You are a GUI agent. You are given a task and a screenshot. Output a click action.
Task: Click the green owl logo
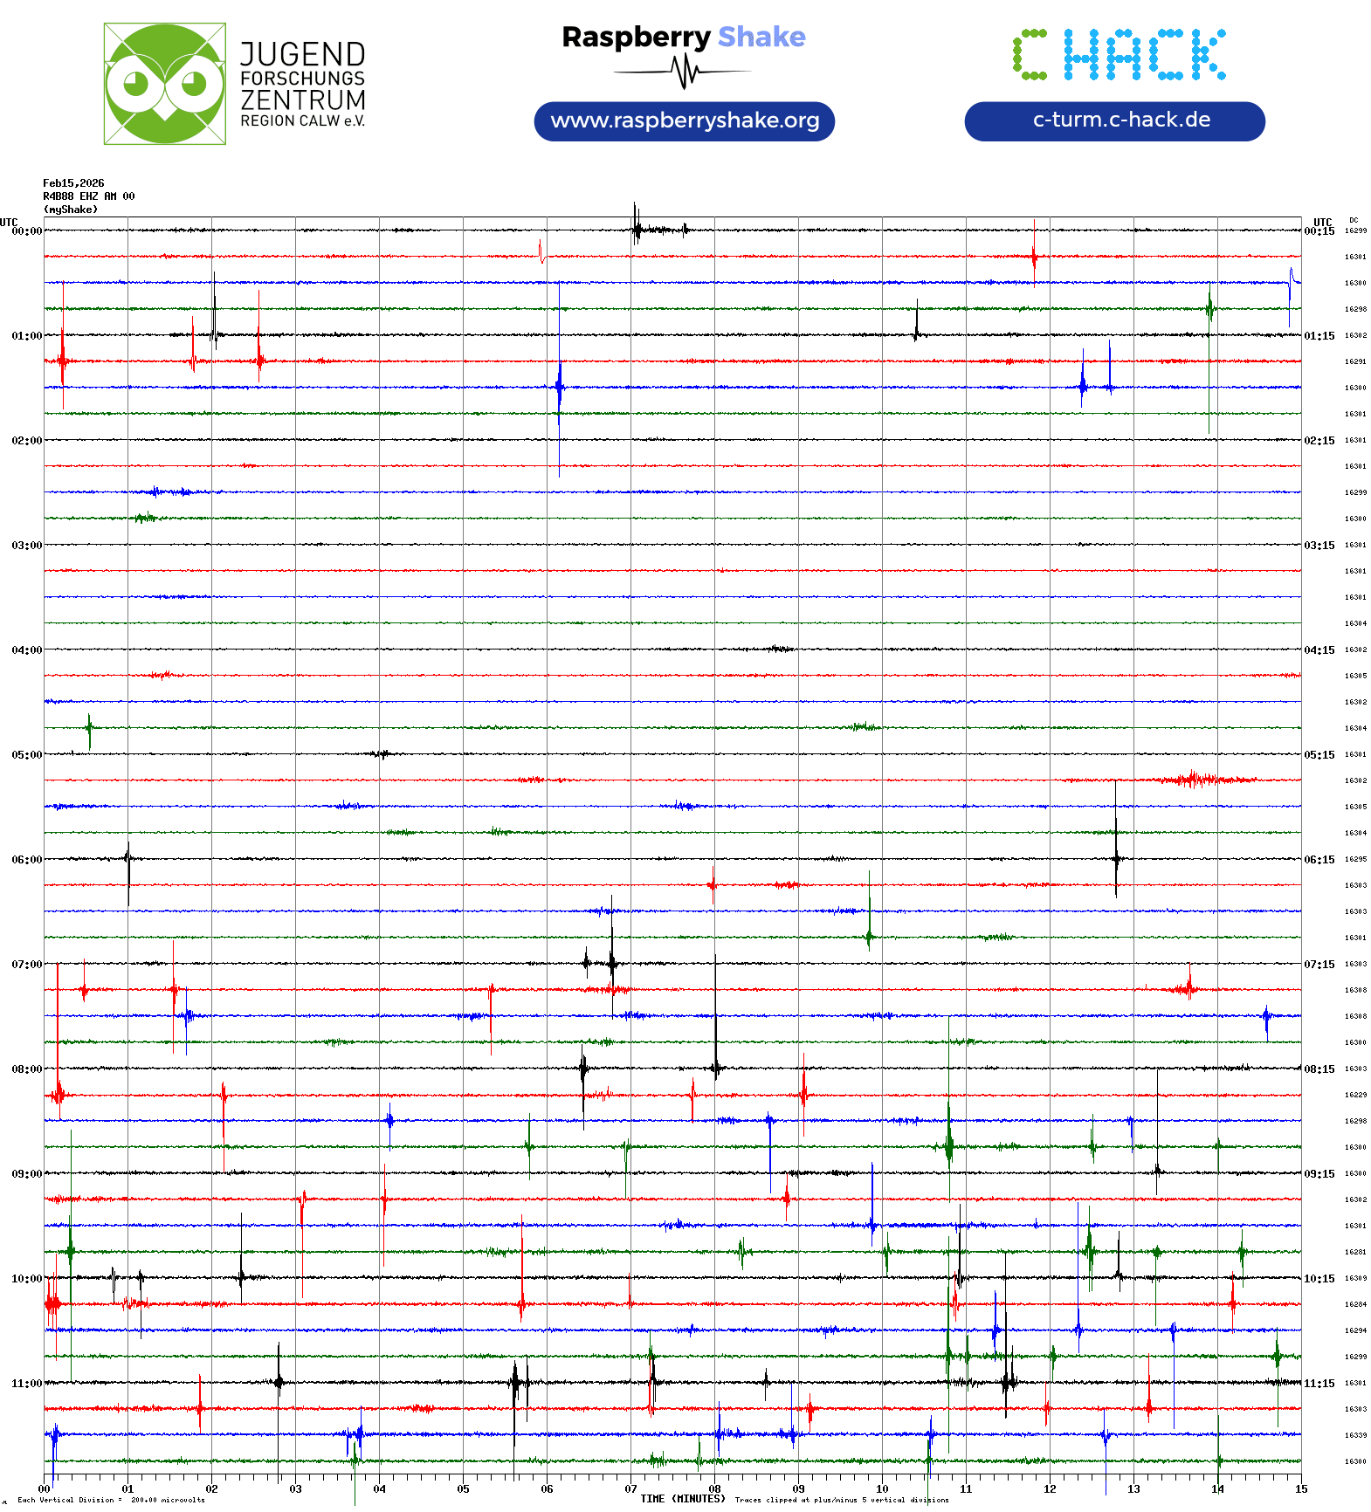tap(164, 84)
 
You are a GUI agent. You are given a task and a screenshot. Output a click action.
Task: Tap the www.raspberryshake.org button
tap(685, 120)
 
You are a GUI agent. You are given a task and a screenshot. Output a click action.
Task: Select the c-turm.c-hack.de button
tap(1114, 120)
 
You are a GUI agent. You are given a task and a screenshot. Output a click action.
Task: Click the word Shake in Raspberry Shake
tap(761, 37)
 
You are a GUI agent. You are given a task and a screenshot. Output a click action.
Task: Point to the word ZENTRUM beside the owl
tap(303, 100)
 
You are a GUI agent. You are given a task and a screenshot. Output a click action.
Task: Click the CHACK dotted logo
tap(1119, 54)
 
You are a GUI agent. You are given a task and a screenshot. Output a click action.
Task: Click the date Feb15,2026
tap(73, 183)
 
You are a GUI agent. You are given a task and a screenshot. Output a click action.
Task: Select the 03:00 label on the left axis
tap(26, 546)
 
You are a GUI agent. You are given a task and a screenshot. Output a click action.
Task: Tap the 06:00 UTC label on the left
tap(26, 860)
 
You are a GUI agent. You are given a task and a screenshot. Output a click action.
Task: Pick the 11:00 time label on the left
tap(26, 1384)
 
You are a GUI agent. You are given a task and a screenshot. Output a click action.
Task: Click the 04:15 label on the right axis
tap(1319, 650)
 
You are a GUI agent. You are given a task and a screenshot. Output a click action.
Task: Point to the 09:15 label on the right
tap(1319, 1174)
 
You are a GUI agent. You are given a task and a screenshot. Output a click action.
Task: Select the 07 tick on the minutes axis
tap(630, 1489)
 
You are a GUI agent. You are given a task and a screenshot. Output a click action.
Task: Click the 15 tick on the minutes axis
tap(1301, 1489)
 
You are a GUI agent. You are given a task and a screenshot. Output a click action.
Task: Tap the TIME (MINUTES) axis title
tap(683, 1499)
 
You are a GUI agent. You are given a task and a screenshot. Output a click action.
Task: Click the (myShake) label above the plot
tap(71, 210)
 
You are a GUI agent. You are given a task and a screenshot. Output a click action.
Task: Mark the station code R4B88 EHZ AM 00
tap(88, 196)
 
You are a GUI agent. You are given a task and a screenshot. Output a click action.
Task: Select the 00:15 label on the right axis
tap(1319, 231)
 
